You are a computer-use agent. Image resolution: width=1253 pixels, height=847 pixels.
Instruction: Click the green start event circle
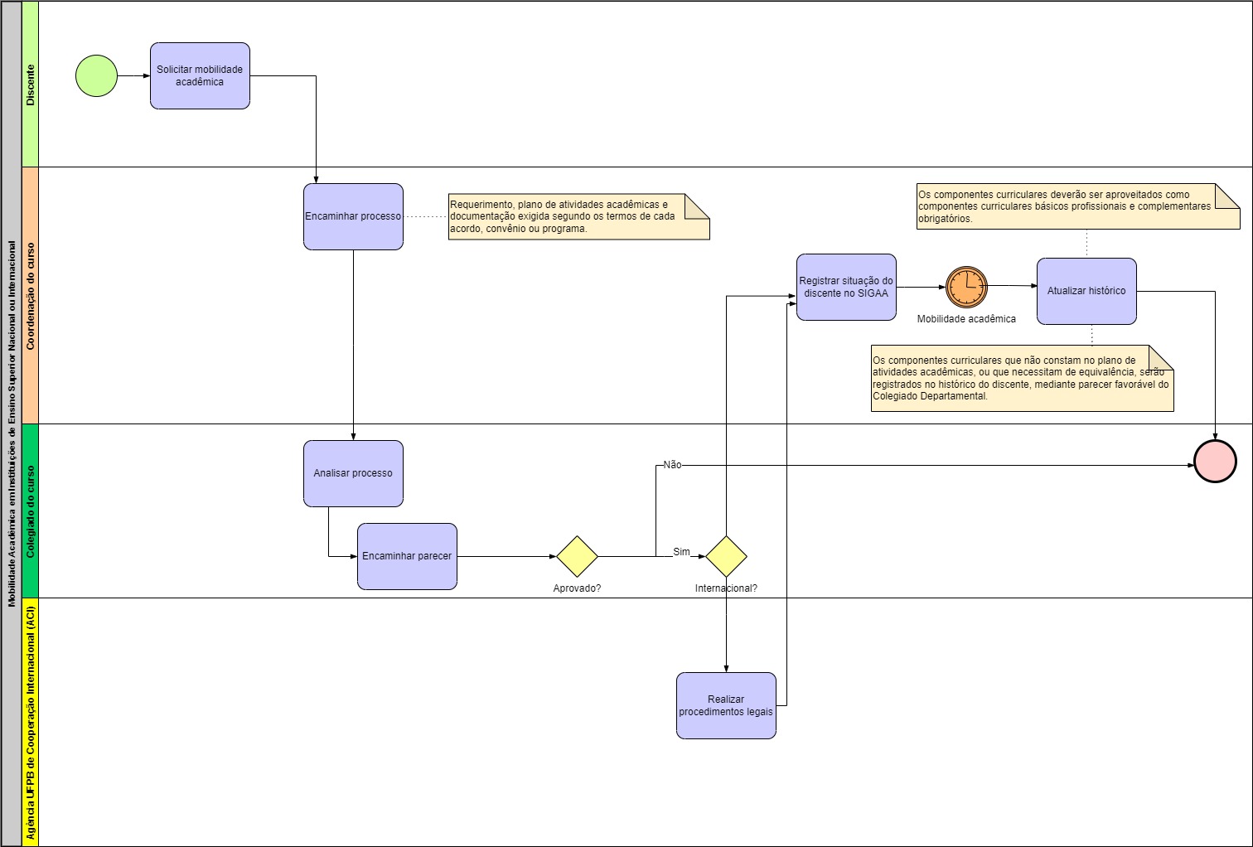click(x=96, y=76)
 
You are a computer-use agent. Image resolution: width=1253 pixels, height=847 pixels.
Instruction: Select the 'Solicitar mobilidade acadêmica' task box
click(x=200, y=76)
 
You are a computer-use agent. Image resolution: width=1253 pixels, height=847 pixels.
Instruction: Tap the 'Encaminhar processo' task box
click(x=353, y=216)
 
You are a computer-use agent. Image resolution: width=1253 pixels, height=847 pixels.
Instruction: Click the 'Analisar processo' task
click(x=353, y=473)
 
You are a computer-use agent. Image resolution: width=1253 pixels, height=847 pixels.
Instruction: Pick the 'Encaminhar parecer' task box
click(x=407, y=556)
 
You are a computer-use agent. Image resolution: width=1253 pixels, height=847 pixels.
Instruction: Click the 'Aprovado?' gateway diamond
click(x=577, y=556)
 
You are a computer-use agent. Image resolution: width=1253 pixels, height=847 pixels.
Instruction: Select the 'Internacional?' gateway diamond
click(x=726, y=556)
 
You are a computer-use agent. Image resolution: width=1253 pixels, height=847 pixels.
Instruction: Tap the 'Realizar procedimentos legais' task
click(x=726, y=705)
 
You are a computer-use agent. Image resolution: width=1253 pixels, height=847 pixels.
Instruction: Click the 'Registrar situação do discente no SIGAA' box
click(x=846, y=287)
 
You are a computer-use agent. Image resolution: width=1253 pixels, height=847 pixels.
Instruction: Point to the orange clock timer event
click(x=966, y=287)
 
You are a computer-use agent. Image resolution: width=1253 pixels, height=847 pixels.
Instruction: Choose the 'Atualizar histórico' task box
click(x=1086, y=291)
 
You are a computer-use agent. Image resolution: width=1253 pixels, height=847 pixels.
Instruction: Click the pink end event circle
click(x=1215, y=461)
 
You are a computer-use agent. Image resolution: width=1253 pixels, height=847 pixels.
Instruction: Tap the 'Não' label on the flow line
click(x=672, y=465)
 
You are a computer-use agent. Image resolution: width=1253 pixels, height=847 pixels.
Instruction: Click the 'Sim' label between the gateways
click(x=681, y=552)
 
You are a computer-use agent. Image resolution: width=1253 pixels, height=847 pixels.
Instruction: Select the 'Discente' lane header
click(x=31, y=85)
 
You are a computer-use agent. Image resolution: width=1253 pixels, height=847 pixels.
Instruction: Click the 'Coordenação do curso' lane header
click(x=31, y=296)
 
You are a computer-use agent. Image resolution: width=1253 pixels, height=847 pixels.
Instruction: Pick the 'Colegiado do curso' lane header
click(x=31, y=511)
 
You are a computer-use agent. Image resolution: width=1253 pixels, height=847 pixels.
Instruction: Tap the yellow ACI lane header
click(x=31, y=722)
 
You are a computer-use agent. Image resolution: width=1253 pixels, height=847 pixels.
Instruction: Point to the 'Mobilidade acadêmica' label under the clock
click(x=966, y=319)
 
